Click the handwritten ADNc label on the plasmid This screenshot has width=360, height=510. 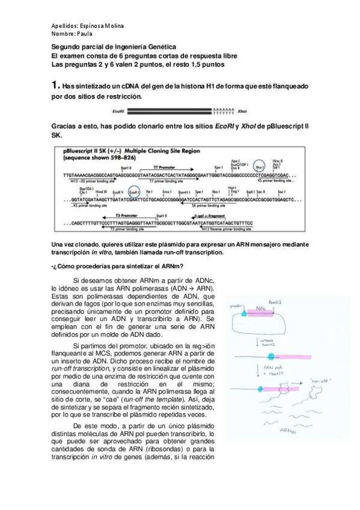click(260, 308)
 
